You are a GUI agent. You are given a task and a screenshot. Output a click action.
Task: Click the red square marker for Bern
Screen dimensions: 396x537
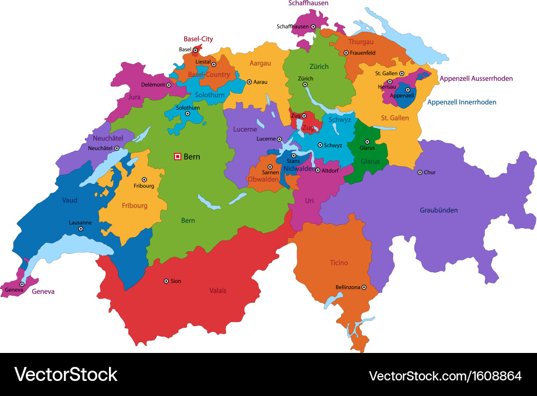point(177,157)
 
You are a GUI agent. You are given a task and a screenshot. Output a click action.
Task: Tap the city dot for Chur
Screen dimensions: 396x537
point(420,172)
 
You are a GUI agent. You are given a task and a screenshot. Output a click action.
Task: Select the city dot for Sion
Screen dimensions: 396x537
point(166,281)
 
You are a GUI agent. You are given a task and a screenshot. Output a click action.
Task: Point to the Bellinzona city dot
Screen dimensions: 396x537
point(364,287)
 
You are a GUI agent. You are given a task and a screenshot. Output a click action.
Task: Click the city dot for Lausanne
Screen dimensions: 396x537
point(81,229)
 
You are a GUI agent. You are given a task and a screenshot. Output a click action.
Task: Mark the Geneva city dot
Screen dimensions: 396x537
point(22,284)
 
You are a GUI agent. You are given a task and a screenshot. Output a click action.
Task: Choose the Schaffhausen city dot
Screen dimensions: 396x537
point(314,26)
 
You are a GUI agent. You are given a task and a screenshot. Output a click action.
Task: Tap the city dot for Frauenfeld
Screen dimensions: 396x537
point(346,53)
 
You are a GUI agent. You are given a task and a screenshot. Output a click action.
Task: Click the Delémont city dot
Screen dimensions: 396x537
point(169,84)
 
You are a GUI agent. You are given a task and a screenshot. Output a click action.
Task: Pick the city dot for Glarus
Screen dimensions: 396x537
point(367,142)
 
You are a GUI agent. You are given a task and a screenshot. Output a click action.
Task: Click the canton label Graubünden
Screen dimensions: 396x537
point(439,210)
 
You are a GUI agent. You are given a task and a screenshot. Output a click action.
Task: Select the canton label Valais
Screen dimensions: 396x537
point(217,291)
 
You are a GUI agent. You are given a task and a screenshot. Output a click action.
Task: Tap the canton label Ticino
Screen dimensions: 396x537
point(339,263)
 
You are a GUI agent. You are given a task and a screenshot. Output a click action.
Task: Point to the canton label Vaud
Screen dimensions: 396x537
point(70,200)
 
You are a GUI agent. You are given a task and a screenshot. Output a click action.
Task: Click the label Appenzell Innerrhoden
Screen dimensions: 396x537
point(462,102)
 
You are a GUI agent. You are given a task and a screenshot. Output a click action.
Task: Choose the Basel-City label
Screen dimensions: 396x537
point(198,39)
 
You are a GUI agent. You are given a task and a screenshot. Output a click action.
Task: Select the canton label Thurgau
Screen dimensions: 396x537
point(361,41)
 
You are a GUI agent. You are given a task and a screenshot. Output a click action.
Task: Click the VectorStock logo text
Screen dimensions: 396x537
point(66,374)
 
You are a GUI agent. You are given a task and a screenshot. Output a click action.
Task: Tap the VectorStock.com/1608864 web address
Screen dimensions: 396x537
point(445,376)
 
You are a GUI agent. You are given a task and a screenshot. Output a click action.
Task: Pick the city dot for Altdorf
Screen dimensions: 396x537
point(317,170)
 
